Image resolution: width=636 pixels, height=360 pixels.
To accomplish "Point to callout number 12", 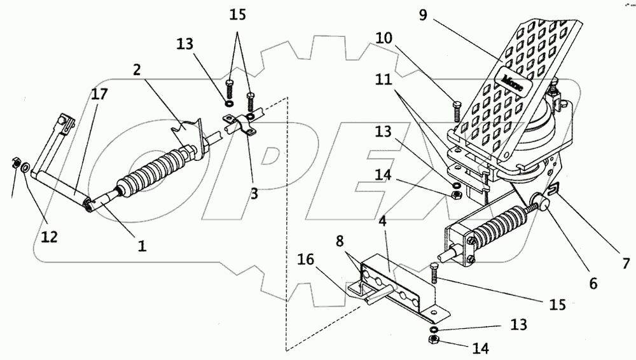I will pyautogui.click(x=50, y=237).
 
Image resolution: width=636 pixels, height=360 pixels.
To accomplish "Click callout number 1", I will pyautogui.click(x=142, y=244).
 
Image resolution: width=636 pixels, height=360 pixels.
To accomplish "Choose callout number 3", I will pyautogui.click(x=254, y=195).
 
